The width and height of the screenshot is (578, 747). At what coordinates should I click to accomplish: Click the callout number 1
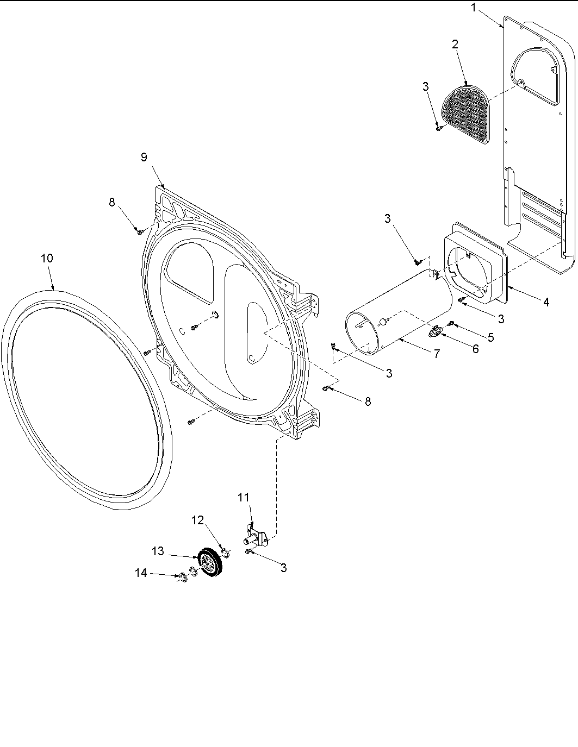(474, 8)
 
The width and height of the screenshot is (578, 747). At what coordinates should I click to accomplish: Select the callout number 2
(455, 45)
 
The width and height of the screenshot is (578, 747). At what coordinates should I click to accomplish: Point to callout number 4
(546, 302)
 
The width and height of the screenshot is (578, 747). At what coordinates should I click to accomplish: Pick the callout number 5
(490, 337)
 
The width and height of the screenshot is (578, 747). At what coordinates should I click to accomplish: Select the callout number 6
(475, 349)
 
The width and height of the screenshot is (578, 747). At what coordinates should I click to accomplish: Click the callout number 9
(144, 157)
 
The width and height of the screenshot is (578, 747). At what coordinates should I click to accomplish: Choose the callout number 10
(47, 258)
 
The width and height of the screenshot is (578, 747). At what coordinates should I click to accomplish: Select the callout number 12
(197, 520)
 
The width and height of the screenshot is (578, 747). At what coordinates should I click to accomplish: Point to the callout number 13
(158, 551)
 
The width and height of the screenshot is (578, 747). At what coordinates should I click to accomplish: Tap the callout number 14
(141, 573)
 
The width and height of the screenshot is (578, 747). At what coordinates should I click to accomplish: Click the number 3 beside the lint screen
(425, 86)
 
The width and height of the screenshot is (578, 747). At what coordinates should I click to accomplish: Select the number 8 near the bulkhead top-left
(112, 202)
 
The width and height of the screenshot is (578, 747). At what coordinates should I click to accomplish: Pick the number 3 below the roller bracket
(283, 568)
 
